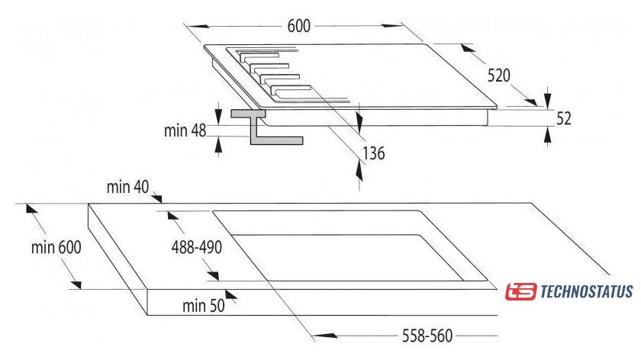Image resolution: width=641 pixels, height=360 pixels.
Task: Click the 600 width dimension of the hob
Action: [x=299, y=26]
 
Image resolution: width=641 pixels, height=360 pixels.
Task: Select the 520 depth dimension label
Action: [x=499, y=76]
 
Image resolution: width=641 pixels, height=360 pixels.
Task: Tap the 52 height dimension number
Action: [x=563, y=118]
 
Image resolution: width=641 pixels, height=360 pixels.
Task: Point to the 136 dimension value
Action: [x=374, y=153]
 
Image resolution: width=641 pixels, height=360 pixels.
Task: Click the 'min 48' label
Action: [x=185, y=130]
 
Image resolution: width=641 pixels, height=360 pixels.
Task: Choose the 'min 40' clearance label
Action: [x=128, y=187]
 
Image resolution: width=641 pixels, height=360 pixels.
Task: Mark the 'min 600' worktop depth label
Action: [x=56, y=247]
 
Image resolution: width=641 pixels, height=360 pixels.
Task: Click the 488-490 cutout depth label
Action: [x=197, y=247]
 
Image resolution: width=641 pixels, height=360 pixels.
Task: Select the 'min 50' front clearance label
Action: [x=204, y=306]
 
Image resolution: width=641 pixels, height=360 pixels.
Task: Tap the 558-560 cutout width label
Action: [x=427, y=336]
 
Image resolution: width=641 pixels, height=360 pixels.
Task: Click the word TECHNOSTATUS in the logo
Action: [x=587, y=292]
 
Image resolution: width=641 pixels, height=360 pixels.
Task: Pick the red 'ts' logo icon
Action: [x=520, y=292]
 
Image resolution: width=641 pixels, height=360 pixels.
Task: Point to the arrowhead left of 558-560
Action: [x=325, y=336]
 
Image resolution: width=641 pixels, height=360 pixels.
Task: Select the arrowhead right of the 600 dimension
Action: [x=393, y=26]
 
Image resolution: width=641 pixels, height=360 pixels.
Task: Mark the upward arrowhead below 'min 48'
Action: [x=219, y=146]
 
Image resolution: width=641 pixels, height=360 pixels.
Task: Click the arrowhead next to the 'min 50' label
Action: [x=230, y=295]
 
